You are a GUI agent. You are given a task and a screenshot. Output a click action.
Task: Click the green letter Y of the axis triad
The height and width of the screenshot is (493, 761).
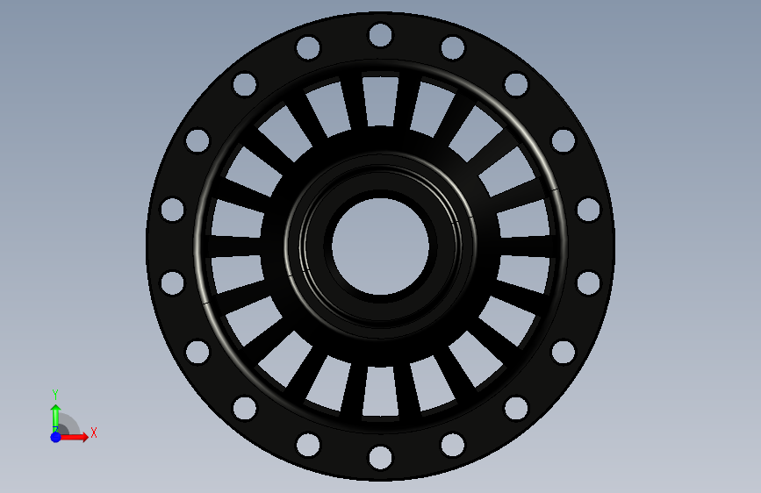pos(55,395)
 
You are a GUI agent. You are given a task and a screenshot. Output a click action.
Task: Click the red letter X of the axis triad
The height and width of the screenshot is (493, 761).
pos(94,432)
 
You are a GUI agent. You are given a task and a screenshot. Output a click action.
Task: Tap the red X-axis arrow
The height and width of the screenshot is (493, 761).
pos(74,437)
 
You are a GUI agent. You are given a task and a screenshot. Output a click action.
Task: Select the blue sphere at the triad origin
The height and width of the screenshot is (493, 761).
pos(56,437)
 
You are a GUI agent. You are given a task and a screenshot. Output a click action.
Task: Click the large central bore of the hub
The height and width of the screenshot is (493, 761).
pos(381,246)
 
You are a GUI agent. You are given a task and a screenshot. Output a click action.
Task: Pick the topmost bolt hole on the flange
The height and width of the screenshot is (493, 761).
pos(381,35)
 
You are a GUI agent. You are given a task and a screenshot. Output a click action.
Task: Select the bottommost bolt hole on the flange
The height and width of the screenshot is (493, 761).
pos(381,458)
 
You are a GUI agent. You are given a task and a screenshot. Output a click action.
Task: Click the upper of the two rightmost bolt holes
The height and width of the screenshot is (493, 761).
pos(589,210)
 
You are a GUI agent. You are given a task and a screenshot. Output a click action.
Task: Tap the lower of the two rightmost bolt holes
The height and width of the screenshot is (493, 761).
pos(589,282)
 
